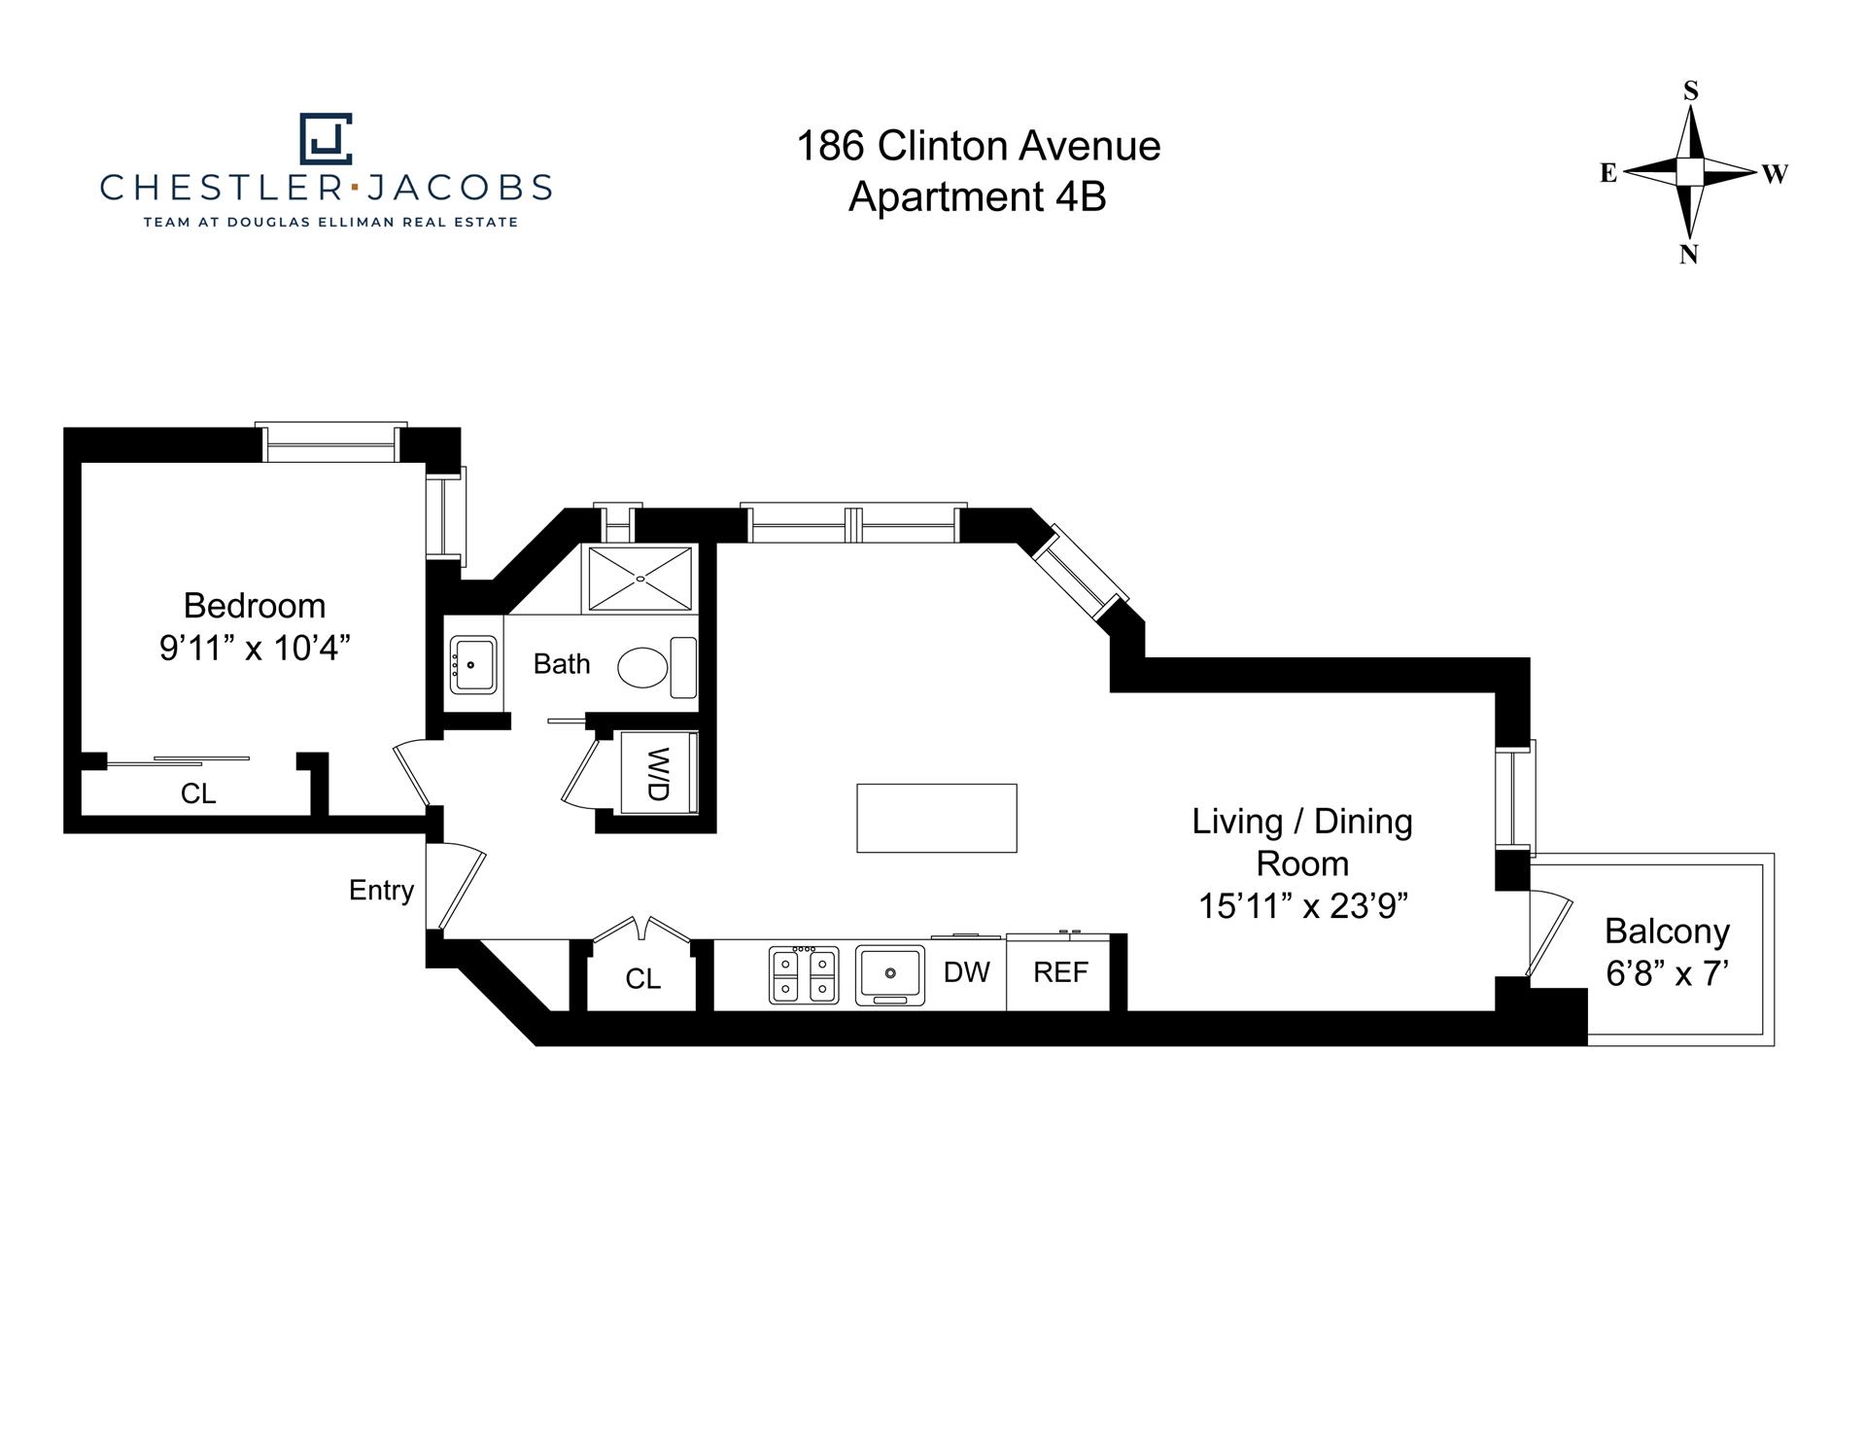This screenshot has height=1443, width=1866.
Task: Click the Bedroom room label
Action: tap(254, 606)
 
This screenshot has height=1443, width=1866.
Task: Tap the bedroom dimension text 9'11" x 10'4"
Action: tap(254, 648)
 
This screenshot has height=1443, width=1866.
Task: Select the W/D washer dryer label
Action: tap(658, 774)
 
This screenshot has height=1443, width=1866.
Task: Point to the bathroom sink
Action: tap(473, 664)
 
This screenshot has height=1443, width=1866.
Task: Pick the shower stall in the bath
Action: tap(639, 579)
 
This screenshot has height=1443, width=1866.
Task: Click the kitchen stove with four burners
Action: tap(804, 975)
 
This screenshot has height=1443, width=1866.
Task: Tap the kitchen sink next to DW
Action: tap(889, 974)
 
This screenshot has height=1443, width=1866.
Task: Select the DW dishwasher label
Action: tap(966, 971)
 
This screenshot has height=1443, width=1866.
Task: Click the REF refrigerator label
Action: tap(1060, 971)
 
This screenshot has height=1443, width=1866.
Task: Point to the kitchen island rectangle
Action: tap(936, 818)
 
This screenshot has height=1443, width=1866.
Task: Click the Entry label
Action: tap(381, 890)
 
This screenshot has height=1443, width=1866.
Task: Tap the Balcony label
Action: tap(1667, 932)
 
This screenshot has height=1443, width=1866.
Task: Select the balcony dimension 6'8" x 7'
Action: tap(1667, 973)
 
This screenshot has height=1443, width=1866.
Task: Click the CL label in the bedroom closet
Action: tap(198, 794)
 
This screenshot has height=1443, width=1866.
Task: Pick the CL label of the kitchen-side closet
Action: tap(642, 978)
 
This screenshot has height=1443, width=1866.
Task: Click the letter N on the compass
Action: tap(1689, 255)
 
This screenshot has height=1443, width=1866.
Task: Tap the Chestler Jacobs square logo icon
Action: tap(326, 138)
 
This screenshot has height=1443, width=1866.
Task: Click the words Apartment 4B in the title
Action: tap(977, 197)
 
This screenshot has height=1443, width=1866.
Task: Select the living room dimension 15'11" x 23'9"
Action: tap(1302, 906)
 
